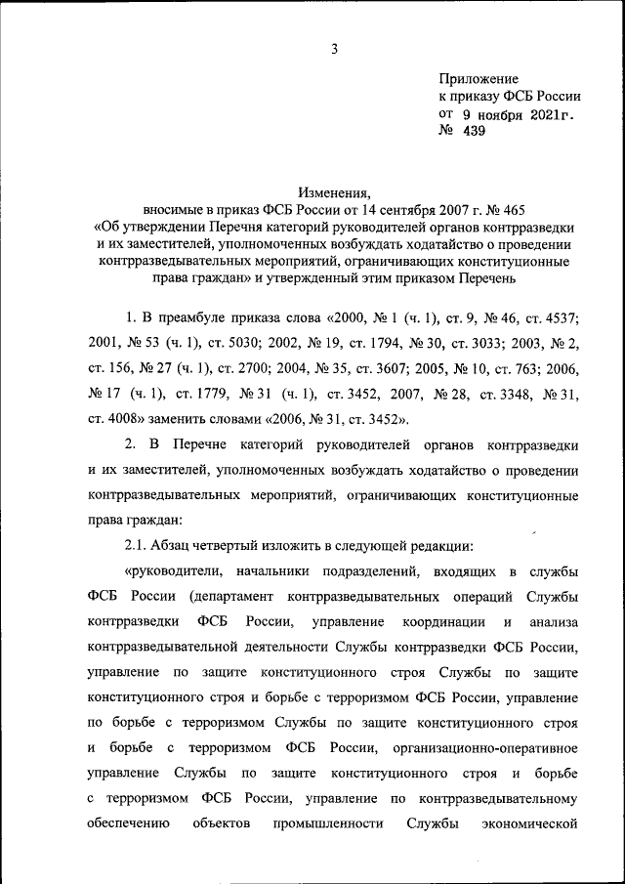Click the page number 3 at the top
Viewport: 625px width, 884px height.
(333, 49)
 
